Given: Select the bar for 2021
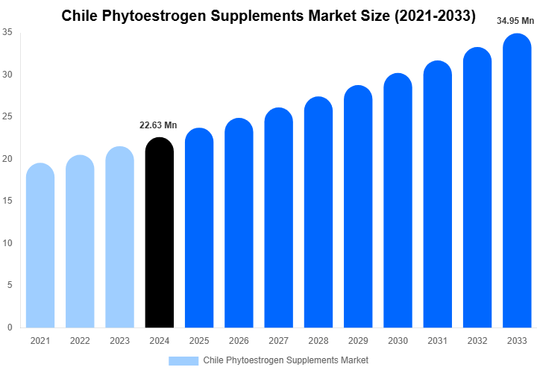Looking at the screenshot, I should [40, 246].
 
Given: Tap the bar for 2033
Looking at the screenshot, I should [517, 183].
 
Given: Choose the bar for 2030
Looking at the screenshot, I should [398, 201].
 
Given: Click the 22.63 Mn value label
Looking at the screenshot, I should [158, 125].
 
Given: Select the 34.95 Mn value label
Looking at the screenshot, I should [516, 21].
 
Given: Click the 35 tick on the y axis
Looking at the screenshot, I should [7, 32].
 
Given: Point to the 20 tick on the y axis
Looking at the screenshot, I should [7, 159].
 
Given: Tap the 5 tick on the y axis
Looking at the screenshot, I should [9, 285].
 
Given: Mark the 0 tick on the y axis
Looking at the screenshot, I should [9, 327].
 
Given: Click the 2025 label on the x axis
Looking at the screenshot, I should [198, 341].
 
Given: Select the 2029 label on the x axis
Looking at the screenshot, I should [357, 341].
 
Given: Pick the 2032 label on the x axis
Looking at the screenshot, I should [477, 341].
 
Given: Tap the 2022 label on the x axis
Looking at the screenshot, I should [79, 341].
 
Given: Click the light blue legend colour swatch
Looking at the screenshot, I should [183, 360].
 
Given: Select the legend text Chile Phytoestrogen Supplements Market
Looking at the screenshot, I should [286, 360].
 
